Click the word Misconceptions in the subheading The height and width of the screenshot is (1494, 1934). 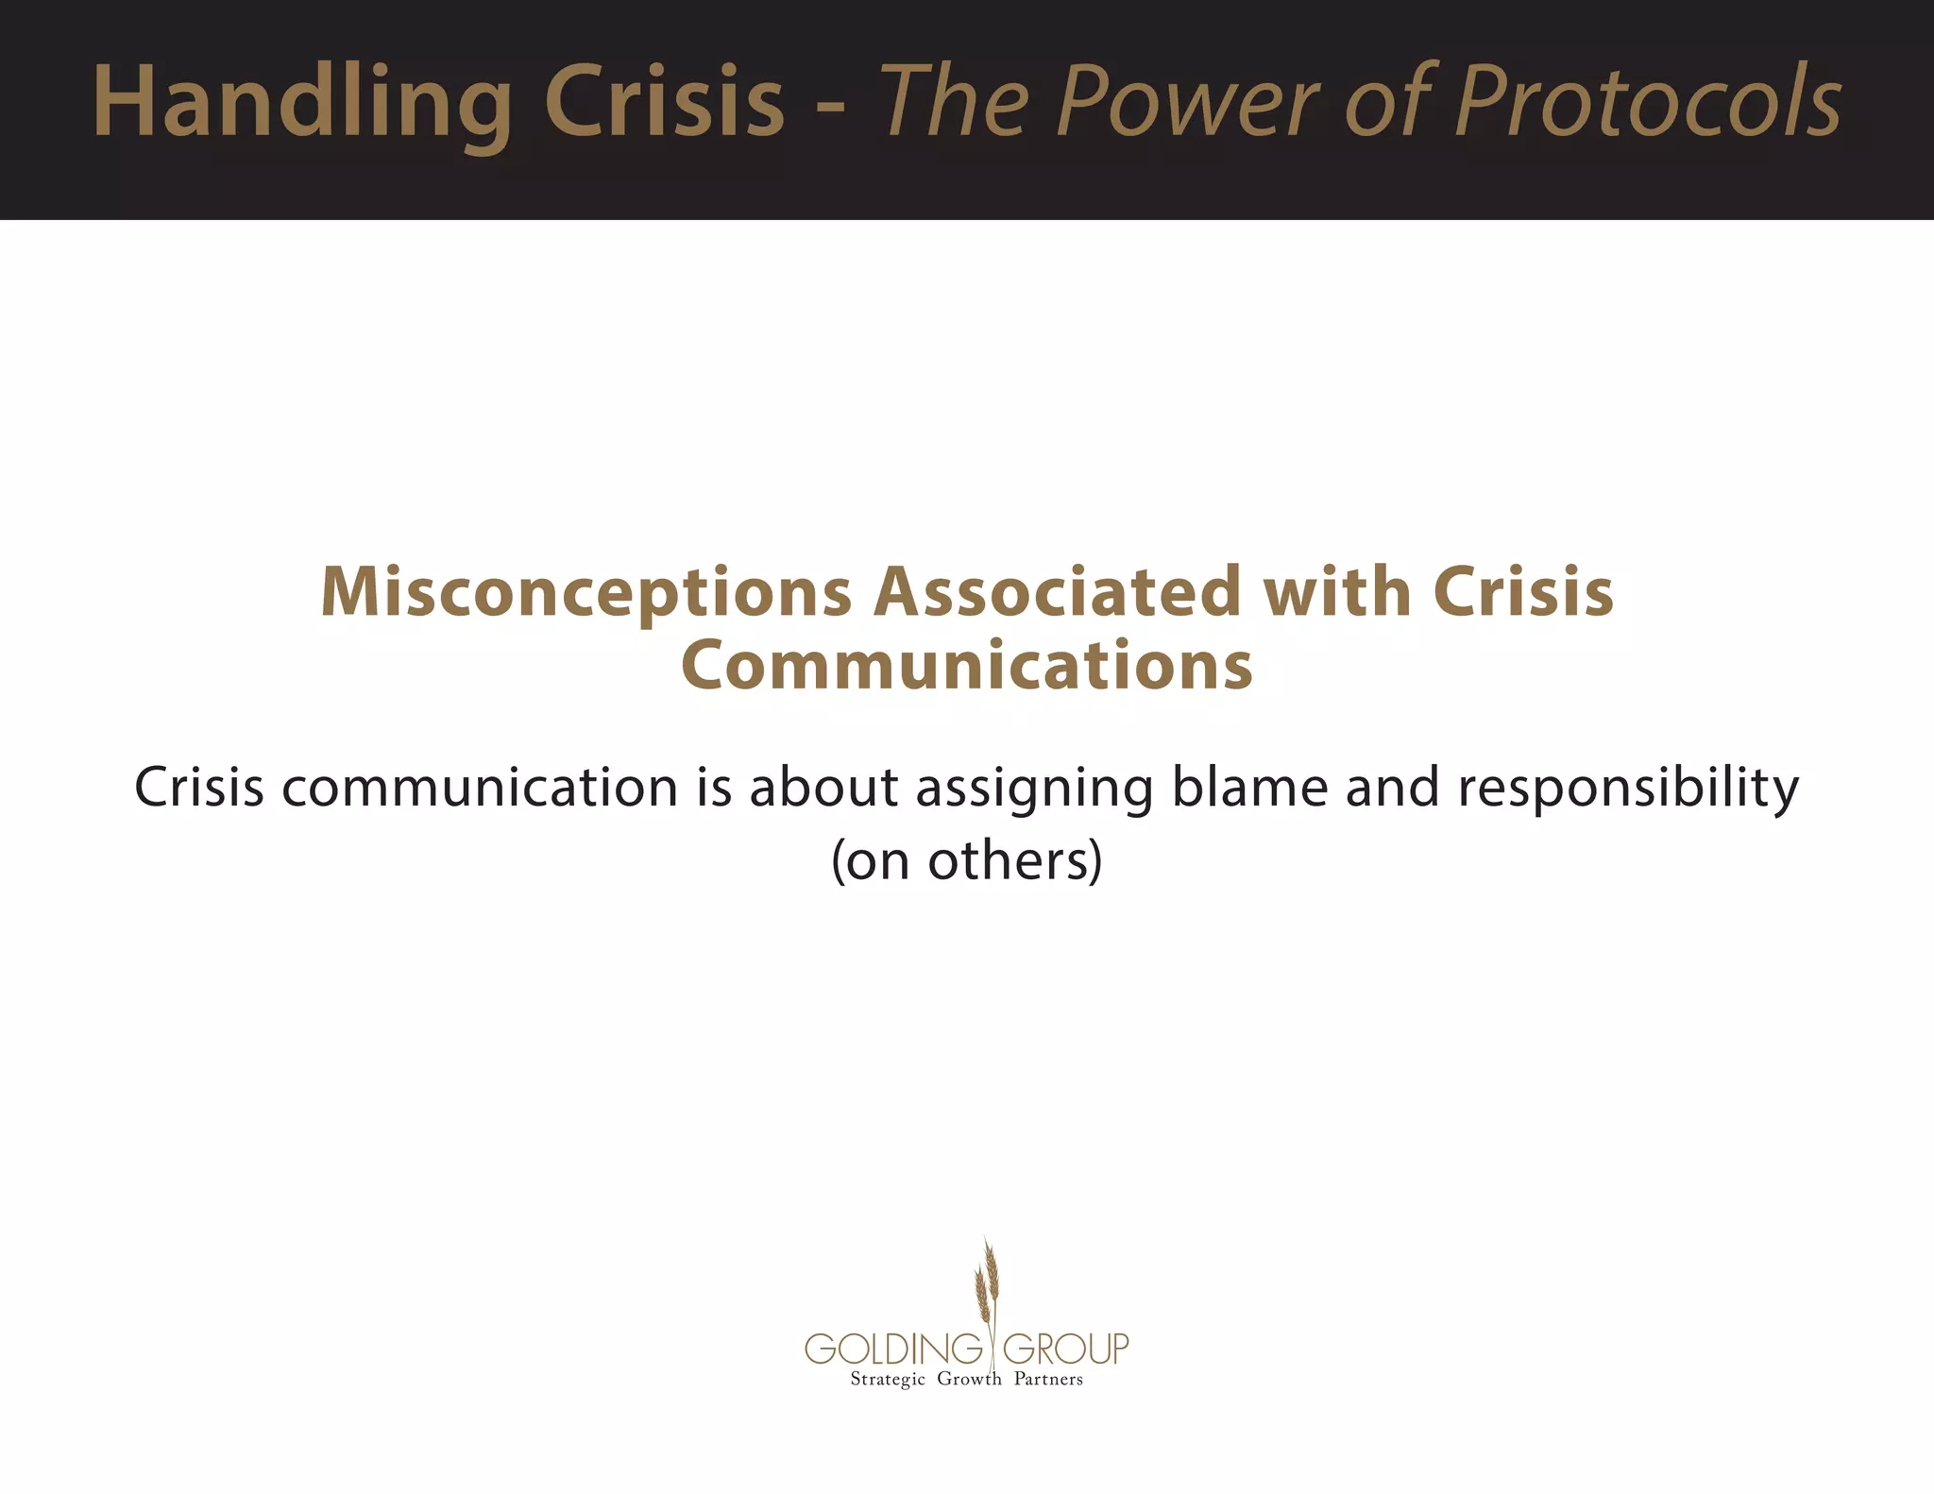(586, 593)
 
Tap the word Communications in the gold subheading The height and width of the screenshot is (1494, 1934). (967, 665)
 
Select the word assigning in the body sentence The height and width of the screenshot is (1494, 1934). (1035, 789)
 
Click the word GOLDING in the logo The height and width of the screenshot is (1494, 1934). (893, 1349)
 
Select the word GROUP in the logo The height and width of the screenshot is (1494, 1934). (1065, 1349)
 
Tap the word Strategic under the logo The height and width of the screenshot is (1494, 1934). (888, 1380)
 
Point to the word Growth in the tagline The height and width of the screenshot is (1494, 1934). (969, 1379)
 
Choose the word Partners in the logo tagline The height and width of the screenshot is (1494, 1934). (1048, 1379)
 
